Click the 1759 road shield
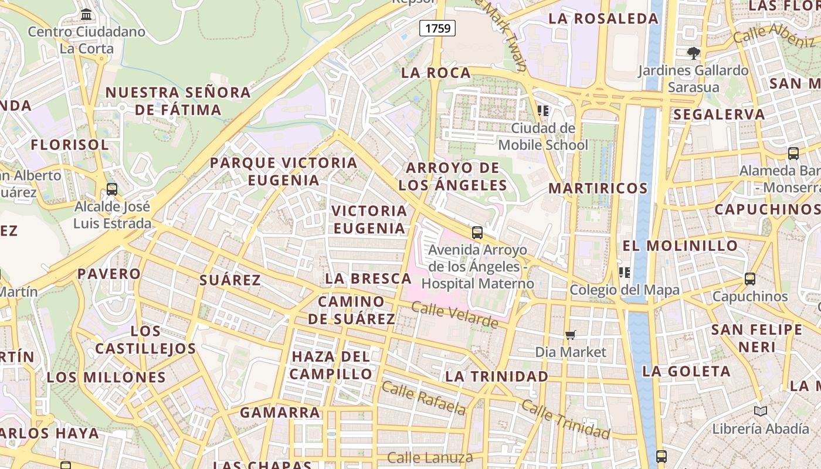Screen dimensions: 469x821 point(437,28)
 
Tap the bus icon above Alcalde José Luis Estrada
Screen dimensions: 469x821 point(112,189)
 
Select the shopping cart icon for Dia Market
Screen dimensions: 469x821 point(570,335)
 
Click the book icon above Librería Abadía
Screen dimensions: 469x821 point(761,412)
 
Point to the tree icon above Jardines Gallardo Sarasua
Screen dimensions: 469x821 point(694,53)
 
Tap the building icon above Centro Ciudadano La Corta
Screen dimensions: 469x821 point(86,14)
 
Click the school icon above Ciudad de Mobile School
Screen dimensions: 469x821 point(542,110)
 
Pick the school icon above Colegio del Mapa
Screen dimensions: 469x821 point(625,272)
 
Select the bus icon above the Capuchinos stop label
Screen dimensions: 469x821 point(749,279)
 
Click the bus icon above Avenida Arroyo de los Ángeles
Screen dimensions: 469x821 point(477,233)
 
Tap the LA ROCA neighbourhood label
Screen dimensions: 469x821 point(436,73)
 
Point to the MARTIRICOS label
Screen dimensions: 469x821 point(598,188)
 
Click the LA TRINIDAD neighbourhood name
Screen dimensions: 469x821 point(497,376)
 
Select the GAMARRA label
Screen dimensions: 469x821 point(280,412)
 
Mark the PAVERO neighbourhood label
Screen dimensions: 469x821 point(109,274)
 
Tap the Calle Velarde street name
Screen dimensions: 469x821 point(455,315)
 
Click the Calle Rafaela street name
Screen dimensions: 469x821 point(423,397)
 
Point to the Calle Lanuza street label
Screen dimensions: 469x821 point(430,457)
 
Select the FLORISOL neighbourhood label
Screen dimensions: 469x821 point(70,145)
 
